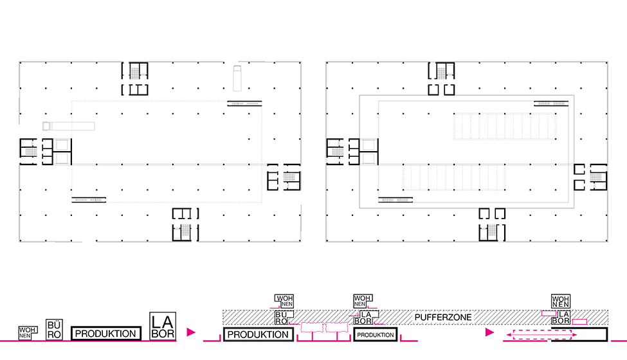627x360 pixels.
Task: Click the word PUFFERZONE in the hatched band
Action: click(x=443, y=318)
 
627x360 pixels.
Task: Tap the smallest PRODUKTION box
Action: click(x=376, y=335)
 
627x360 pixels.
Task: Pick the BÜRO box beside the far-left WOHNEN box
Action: click(x=54, y=330)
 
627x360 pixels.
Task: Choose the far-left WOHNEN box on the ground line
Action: click(x=25, y=333)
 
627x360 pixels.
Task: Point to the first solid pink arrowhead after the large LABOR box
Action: click(x=190, y=332)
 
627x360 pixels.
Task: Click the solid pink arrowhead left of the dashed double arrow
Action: click(x=489, y=332)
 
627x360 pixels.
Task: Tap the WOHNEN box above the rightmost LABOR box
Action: click(x=560, y=301)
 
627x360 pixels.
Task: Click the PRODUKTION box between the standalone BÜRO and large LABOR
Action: click(x=105, y=334)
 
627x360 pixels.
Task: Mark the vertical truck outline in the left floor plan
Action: click(x=236, y=77)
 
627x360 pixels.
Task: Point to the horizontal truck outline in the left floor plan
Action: click(x=69, y=125)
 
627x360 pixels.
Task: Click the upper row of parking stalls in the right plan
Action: click(x=504, y=127)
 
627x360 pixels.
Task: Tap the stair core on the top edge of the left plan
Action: click(x=135, y=78)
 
